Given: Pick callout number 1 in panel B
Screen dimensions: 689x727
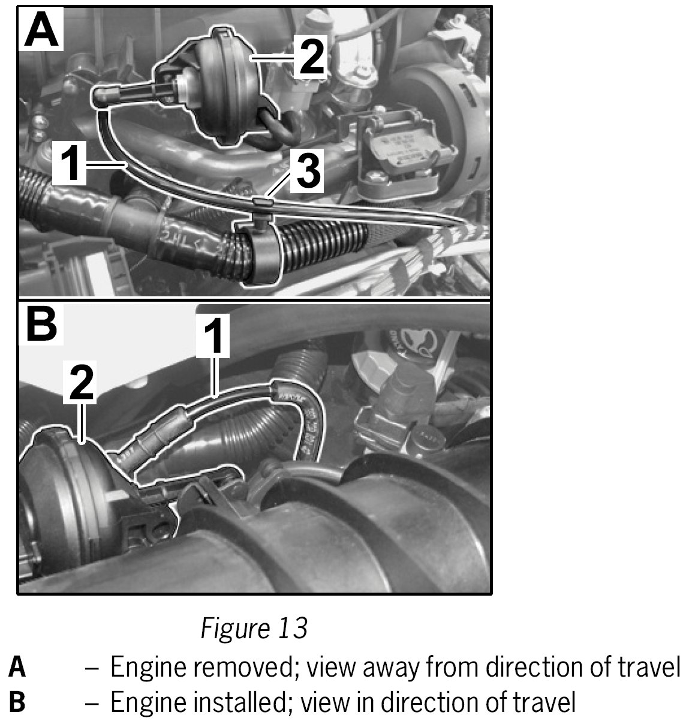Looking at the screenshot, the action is (x=213, y=337).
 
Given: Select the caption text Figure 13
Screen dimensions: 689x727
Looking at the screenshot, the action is (x=254, y=628).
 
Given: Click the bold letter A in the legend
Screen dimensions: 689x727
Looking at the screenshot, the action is (x=17, y=668).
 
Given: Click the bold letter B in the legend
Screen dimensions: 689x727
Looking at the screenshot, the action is (x=17, y=702).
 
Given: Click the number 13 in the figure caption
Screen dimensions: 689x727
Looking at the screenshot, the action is (x=293, y=628).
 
